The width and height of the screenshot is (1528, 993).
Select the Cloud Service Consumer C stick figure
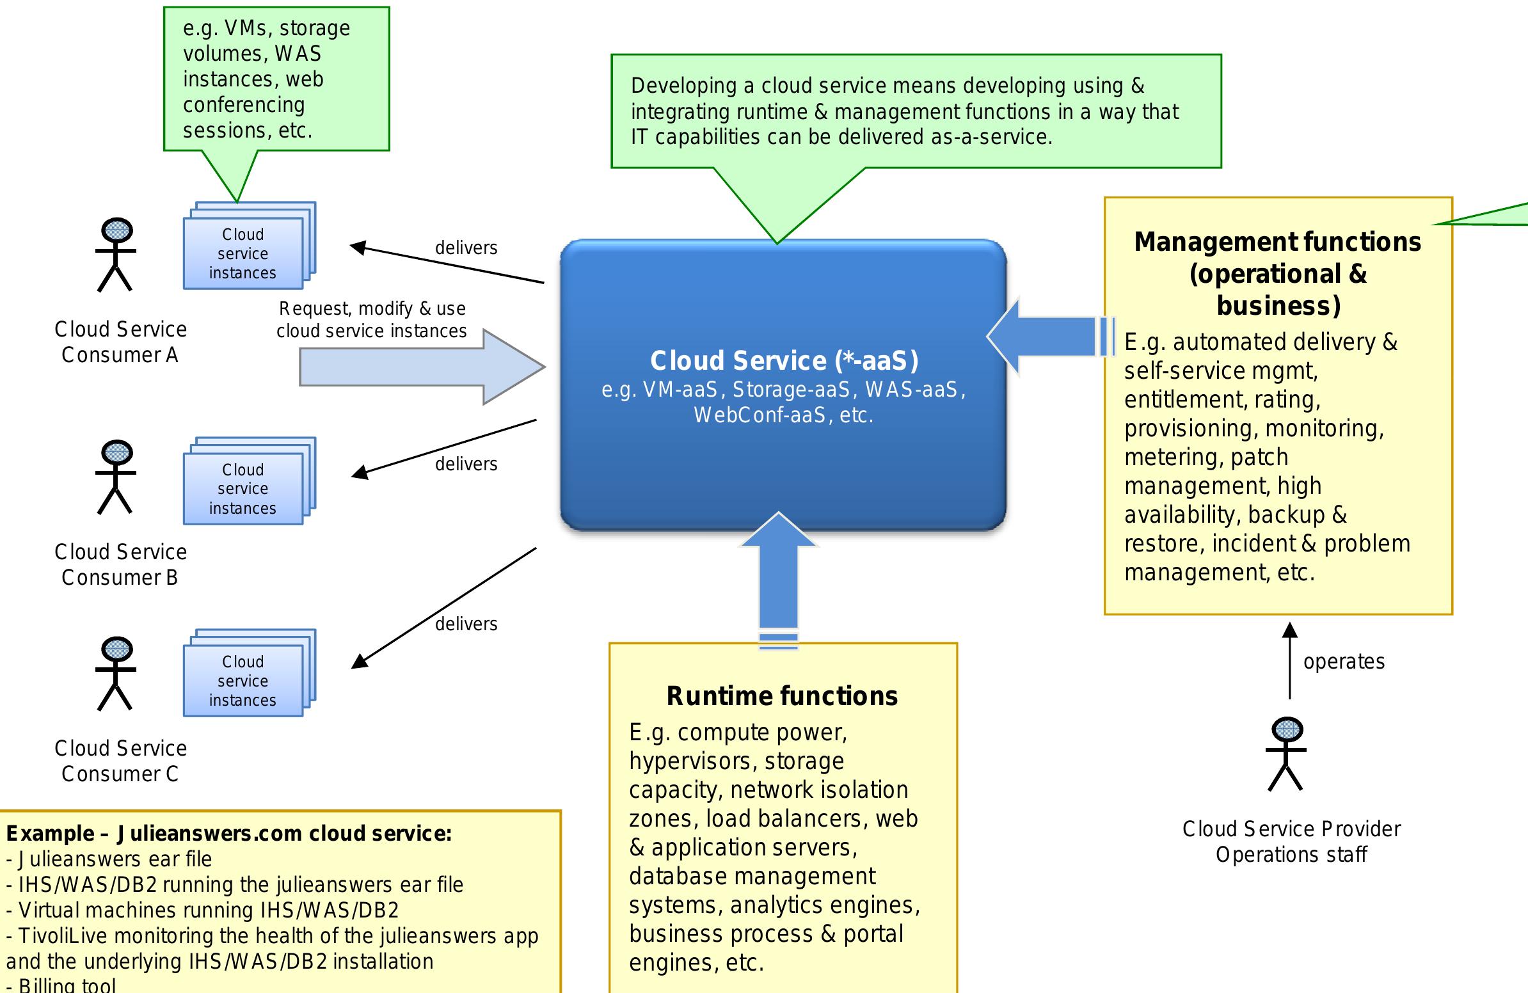click(x=116, y=673)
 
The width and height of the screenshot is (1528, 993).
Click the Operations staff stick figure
click(x=1286, y=754)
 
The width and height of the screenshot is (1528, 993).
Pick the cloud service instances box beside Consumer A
click(x=243, y=253)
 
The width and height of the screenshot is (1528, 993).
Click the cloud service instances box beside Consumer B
click(x=243, y=488)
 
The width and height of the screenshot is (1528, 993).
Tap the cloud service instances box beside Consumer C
click(x=243, y=680)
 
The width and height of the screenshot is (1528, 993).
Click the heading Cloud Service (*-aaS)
click(x=784, y=360)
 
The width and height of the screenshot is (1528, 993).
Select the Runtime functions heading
click(x=782, y=696)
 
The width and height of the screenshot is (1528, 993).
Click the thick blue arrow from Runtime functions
click(x=778, y=578)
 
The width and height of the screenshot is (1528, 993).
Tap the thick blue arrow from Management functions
click(x=1046, y=336)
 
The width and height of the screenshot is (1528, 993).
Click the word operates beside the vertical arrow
click(x=1344, y=661)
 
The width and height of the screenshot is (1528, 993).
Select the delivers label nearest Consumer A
click(x=466, y=248)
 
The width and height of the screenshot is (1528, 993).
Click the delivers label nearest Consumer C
click(x=466, y=624)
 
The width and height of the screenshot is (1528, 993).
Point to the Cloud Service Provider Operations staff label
click(x=1291, y=841)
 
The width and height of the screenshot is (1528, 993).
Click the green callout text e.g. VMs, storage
click(x=266, y=28)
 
